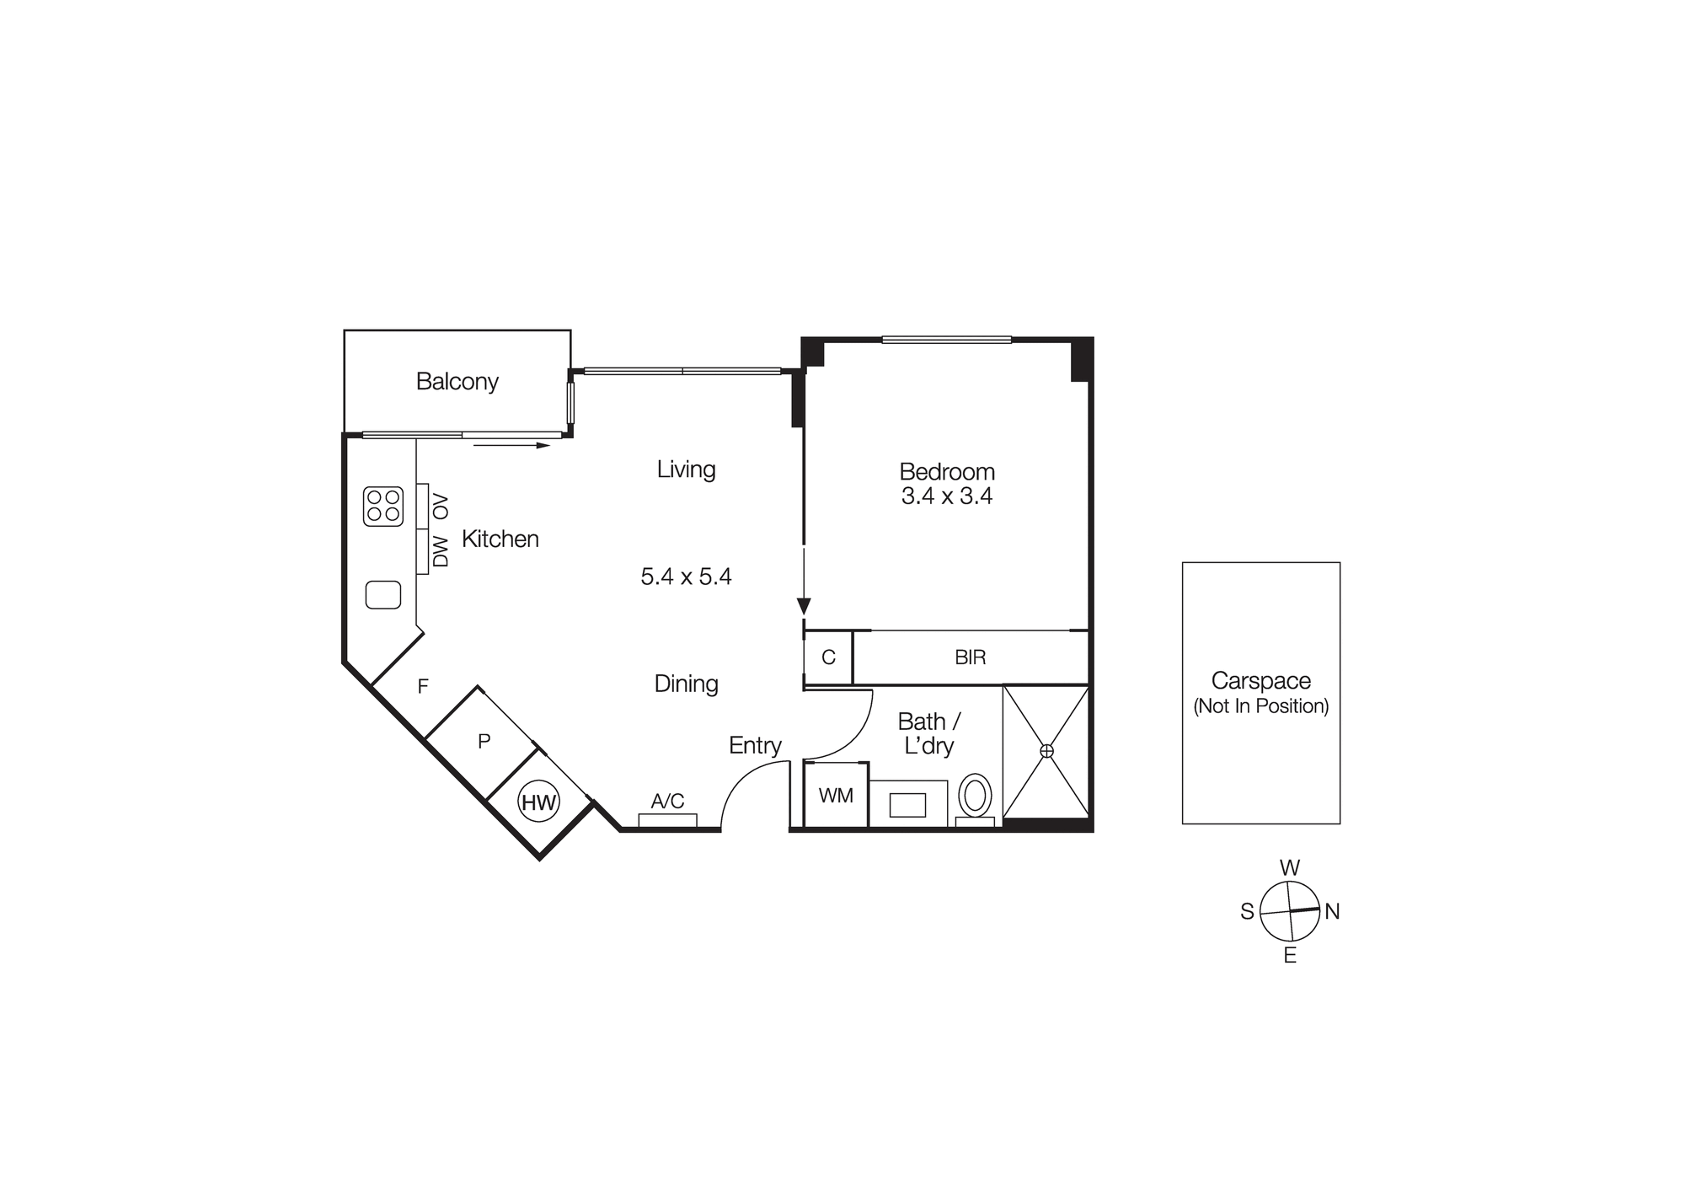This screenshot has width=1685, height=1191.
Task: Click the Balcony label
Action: coord(457,382)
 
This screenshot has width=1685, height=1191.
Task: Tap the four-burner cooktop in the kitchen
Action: coord(382,507)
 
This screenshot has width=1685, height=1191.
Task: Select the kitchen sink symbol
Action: coord(382,595)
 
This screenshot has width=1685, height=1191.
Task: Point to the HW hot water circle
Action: coord(539,802)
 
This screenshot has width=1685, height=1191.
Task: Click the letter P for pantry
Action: coord(484,742)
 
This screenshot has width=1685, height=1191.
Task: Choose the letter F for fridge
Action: coord(423,687)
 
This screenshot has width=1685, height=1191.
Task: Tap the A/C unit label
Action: coord(667,801)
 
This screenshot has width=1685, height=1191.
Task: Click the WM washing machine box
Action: coord(836,795)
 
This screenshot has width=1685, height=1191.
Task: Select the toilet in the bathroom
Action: coord(975,797)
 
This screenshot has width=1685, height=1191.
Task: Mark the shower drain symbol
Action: coord(1046,751)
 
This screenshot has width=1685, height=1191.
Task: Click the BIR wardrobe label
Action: coord(971,657)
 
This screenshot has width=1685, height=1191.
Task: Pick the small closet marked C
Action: coord(828,657)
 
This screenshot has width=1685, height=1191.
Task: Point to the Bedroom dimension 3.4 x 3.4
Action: coord(947,496)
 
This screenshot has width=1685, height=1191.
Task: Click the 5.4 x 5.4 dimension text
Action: coord(686,577)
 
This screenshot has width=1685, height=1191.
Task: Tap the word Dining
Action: coord(686,684)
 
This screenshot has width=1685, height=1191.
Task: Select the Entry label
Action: coord(755,745)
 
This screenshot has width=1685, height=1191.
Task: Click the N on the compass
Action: coord(1332,911)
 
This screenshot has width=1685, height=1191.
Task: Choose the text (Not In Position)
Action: coord(1260,706)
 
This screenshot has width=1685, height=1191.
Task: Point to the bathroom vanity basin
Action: coord(907,805)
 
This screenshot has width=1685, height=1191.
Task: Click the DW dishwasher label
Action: coord(441,552)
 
